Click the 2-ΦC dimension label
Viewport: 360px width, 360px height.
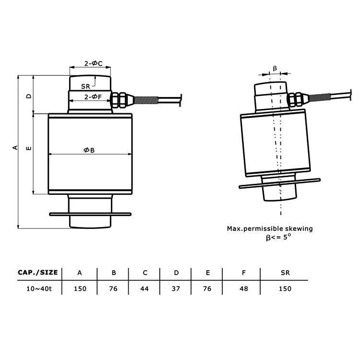(93, 63)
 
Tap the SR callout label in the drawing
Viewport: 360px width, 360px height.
(85, 86)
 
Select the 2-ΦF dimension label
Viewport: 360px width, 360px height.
(93, 97)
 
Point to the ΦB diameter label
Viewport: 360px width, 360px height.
(89, 150)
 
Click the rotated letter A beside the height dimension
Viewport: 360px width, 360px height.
(15, 147)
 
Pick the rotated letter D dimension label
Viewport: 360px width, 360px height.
(29, 96)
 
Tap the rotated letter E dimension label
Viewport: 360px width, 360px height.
(29, 148)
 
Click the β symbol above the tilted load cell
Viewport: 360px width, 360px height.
(275, 69)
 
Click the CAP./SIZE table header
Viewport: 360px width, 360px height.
(37, 273)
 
